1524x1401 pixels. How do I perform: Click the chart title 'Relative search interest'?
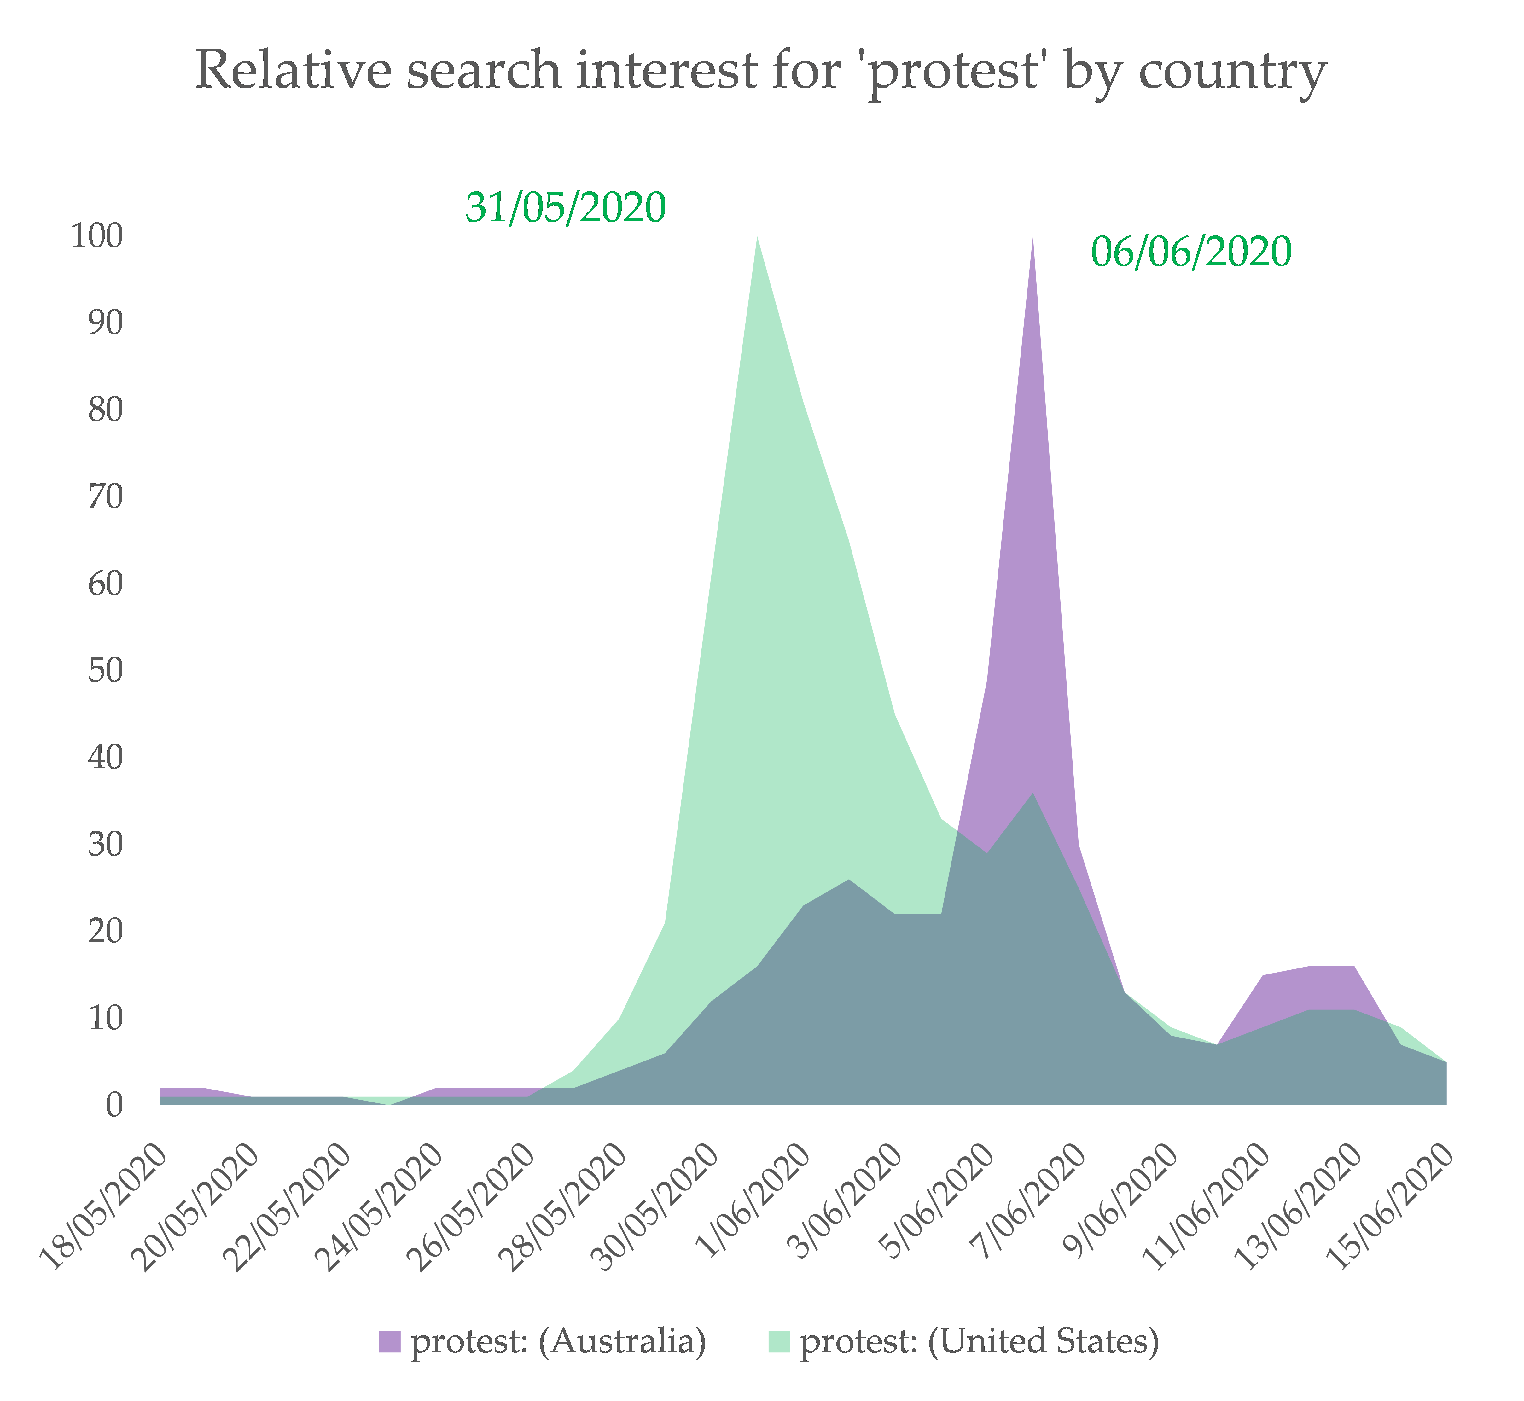click(760, 71)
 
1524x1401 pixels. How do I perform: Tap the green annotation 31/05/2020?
click(566, 207)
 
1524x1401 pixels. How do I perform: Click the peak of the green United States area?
click(758, 240)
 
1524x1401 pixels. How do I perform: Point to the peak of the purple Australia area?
click(1033, 240)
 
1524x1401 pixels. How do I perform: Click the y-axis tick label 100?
click(97, 236)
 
